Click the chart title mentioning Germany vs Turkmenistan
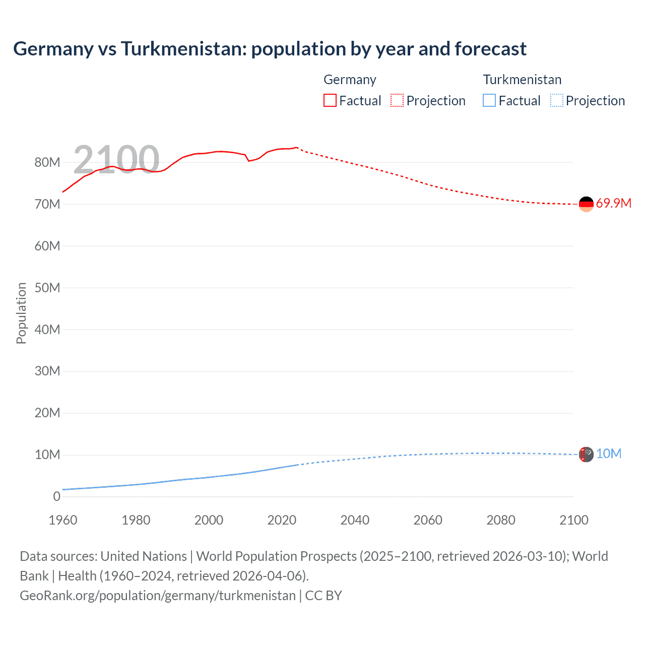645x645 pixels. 270,49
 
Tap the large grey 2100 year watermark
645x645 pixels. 116,160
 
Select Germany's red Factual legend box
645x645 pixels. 330,100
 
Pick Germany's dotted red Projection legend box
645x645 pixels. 397,100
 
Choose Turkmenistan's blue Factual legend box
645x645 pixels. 489,100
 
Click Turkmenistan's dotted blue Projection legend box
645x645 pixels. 557,100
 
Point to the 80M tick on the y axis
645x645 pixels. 47,162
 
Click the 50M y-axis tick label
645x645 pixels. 47,288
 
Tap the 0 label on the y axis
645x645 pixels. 56,496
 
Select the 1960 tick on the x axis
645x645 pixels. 63,520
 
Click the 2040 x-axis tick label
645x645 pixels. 355,520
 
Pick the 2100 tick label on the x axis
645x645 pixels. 573,520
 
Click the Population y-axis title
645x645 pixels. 21,313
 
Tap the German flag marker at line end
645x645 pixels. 586,204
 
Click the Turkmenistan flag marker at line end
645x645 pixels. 586,455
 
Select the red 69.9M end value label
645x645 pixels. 613,204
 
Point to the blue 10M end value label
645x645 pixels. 608,454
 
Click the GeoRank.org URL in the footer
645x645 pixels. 158,596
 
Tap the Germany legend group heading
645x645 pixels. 350,80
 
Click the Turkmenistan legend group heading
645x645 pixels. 522,80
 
